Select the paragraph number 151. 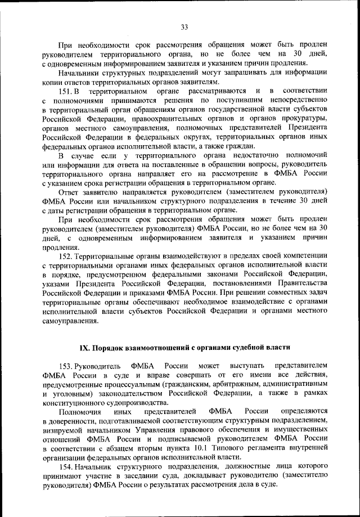pos(66,91)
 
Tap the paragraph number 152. pos(66,254)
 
